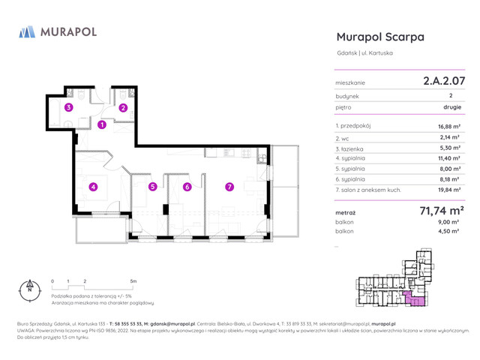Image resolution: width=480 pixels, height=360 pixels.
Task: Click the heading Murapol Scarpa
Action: point(380,37)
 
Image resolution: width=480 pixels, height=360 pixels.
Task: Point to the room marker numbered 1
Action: point(101,125)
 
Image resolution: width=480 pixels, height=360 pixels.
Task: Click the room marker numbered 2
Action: point(123,108)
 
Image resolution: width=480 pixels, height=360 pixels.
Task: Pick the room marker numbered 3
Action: point(68,108)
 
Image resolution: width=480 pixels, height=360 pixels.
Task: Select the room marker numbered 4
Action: point(93,187)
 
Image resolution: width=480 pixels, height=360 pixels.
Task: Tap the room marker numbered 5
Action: point(152,187)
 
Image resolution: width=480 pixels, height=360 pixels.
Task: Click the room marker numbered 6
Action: point(187,187)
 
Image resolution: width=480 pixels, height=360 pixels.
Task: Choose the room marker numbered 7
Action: point(229,187)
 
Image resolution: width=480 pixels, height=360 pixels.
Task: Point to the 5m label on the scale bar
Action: point(133,280)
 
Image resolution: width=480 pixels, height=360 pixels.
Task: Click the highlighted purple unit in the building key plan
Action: point(414,299)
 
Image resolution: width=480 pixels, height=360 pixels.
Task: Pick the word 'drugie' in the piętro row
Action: point(451,107)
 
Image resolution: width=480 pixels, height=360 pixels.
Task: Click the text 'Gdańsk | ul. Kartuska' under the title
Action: point(364,52)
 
